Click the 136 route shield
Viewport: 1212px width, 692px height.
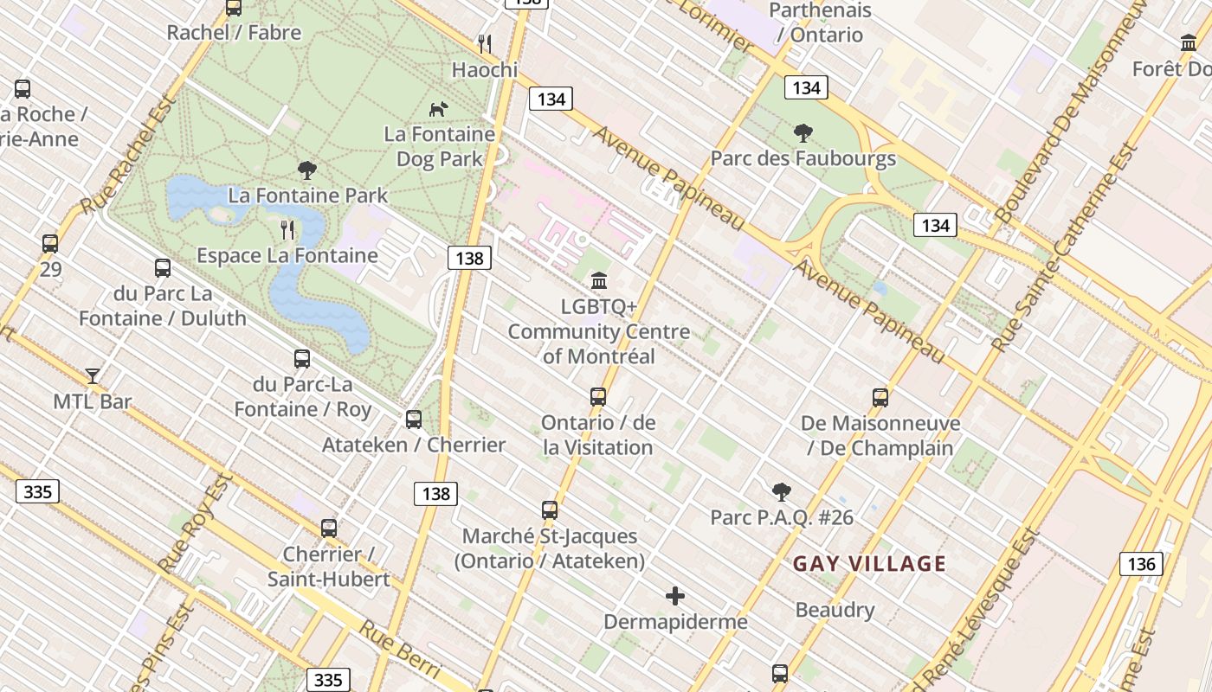1141,564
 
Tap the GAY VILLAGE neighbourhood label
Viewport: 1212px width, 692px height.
869,564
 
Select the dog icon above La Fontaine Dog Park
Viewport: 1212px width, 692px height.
439,109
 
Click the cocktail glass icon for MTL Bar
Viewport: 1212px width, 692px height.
93,376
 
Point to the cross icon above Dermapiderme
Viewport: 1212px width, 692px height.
675,596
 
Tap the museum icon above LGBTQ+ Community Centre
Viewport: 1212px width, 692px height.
598,280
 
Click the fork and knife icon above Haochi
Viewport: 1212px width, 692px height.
485,43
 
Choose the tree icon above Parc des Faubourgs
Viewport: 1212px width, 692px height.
803,133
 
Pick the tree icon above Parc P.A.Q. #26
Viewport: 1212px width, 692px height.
781,492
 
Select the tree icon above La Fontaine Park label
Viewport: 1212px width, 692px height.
306,170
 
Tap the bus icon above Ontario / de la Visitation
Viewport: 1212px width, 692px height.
597,397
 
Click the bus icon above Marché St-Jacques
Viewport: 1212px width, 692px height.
550,510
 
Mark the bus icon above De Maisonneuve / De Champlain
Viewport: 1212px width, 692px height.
880,398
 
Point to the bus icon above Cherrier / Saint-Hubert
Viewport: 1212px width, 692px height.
328,528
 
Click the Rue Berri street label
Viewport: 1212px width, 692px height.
399,649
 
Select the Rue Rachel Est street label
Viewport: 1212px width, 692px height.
128,155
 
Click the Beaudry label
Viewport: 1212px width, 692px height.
835,610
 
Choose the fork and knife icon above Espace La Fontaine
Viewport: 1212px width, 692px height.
287,229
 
